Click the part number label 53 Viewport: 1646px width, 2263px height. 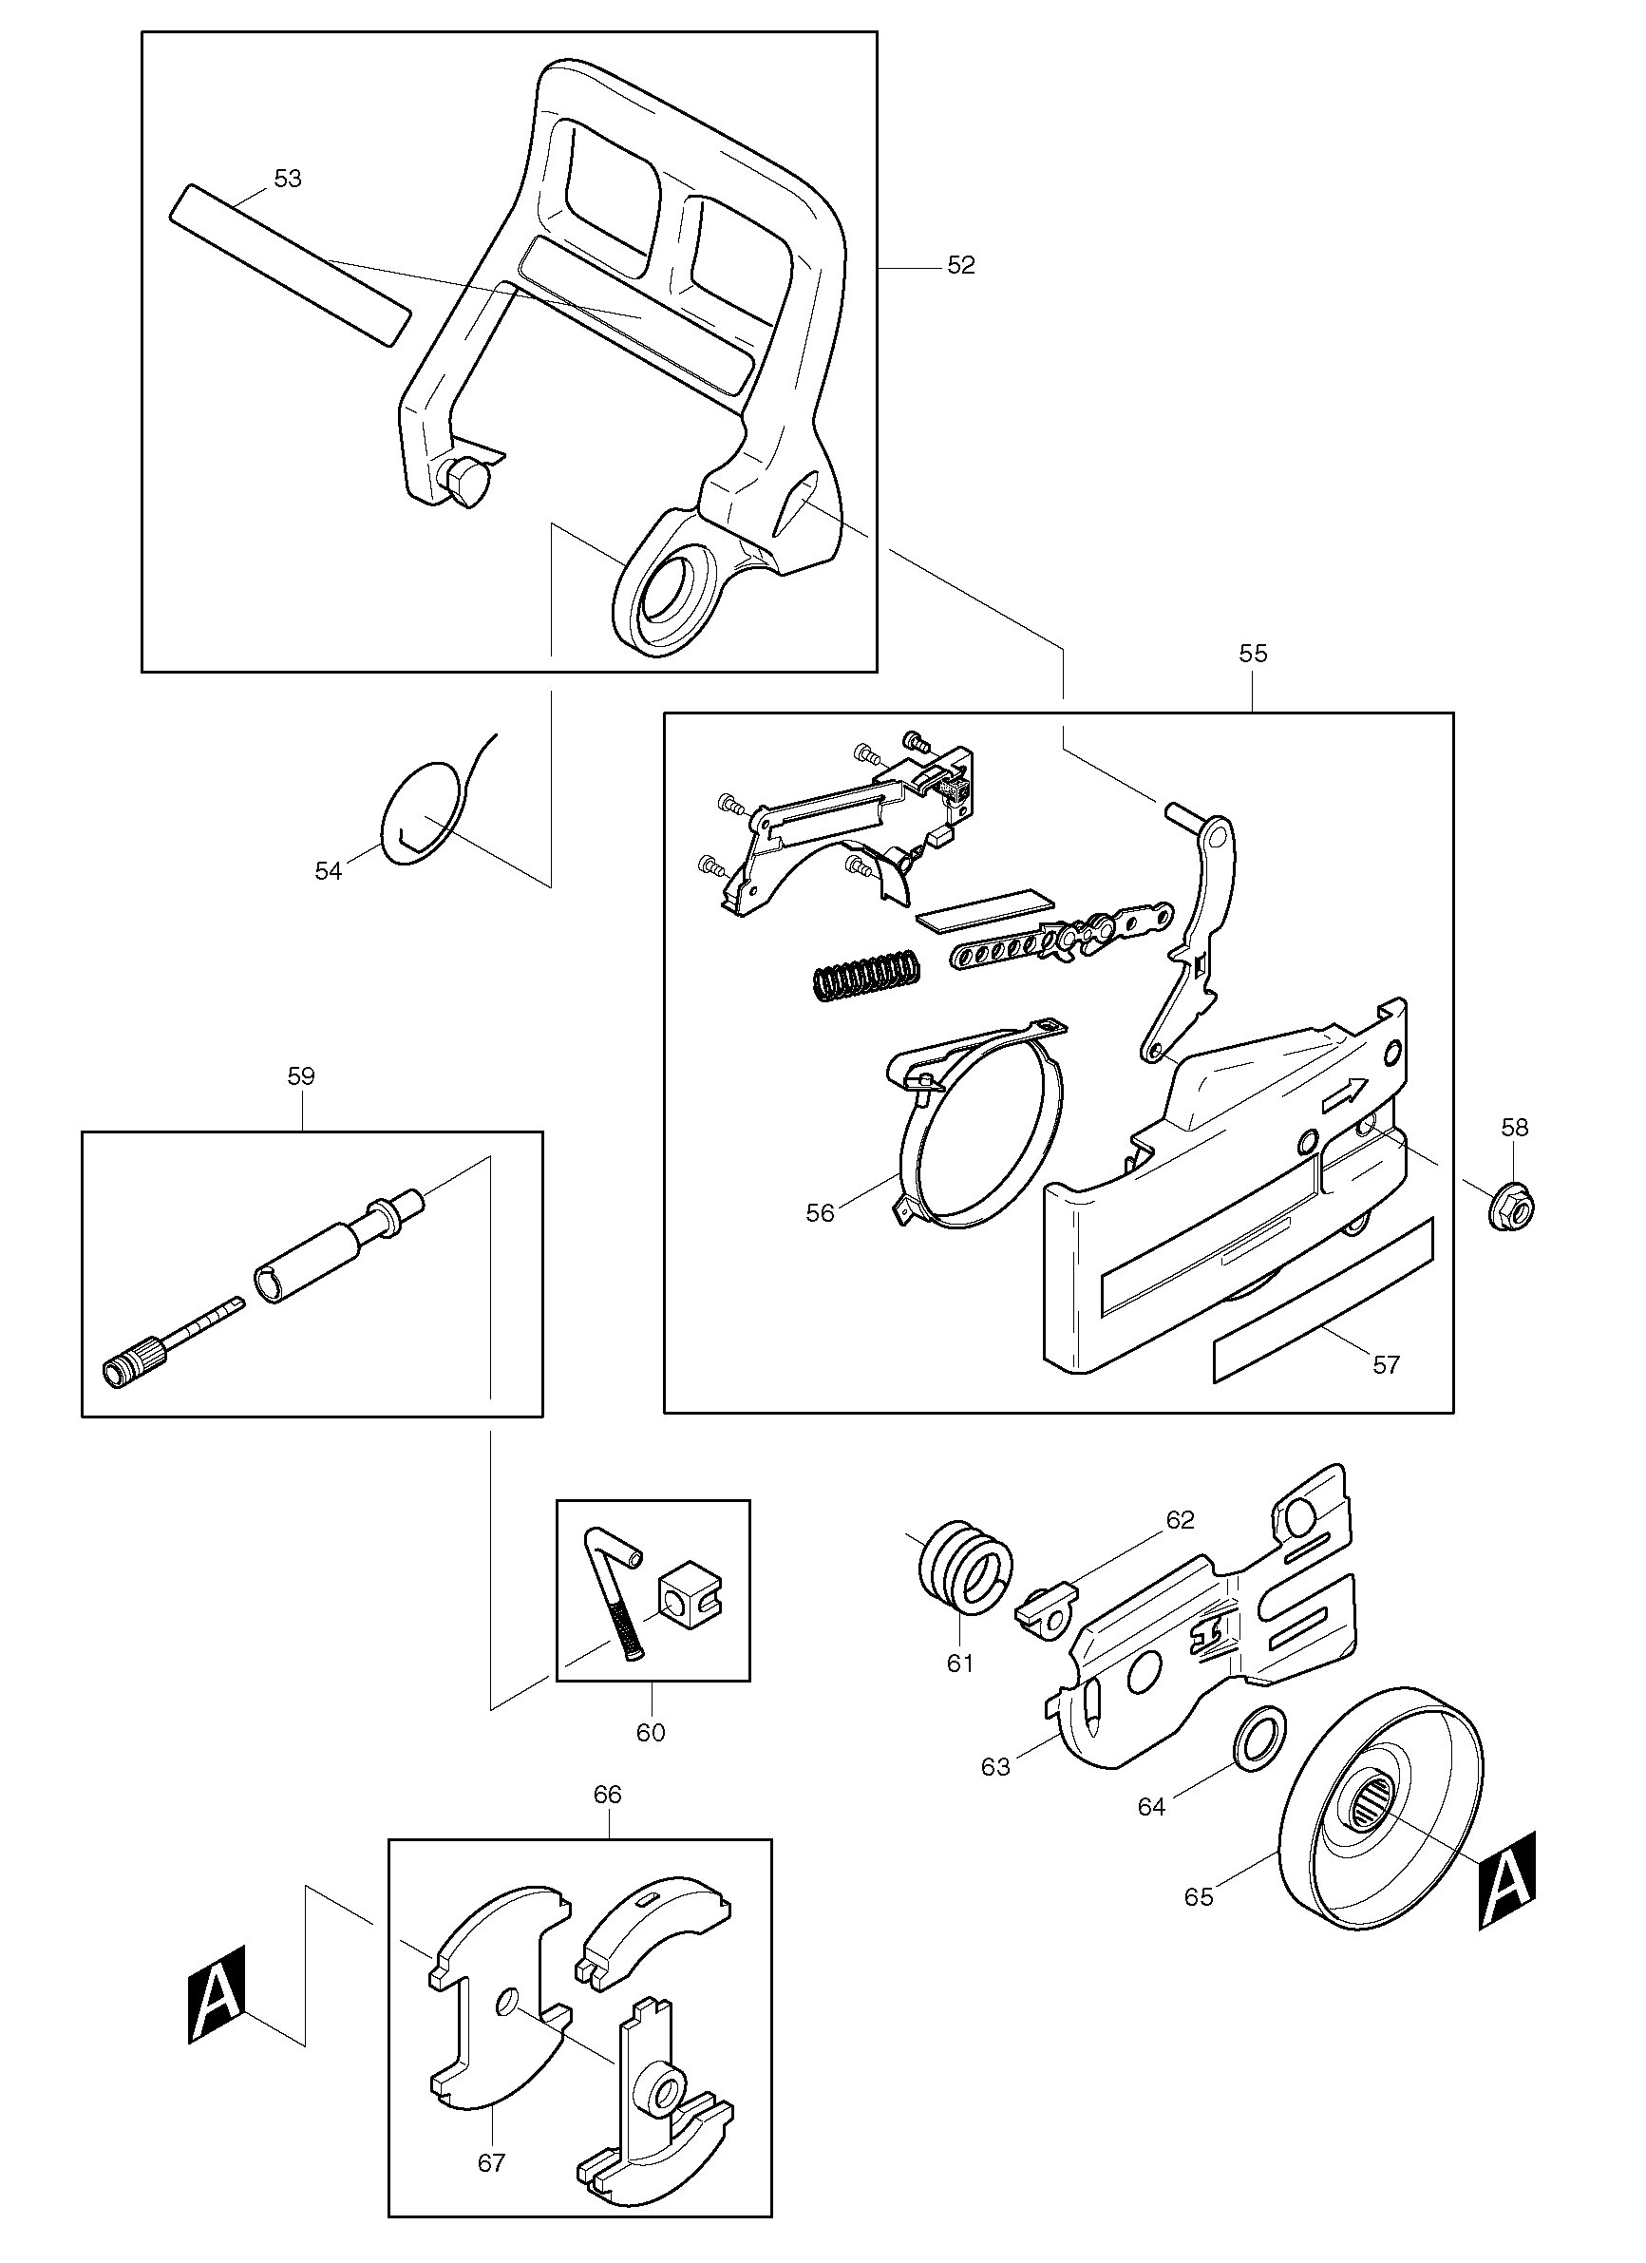tap(287, 179)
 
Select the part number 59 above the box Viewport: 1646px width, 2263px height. tap(300, 1075)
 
